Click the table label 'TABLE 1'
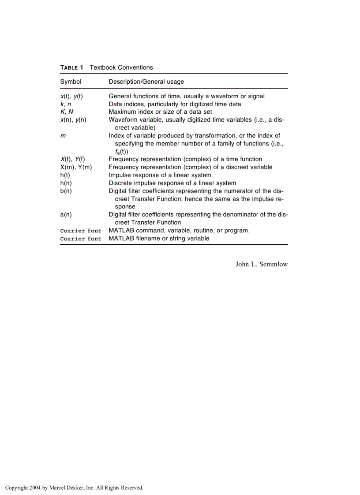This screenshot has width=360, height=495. [71, 67]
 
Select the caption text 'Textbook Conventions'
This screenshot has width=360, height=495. [121, 67]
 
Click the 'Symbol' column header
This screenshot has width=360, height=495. [71, 82]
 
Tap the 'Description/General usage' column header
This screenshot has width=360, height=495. [146, 82]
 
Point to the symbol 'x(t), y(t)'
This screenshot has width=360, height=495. [71, 96]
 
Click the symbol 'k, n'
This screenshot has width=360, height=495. [65, 104]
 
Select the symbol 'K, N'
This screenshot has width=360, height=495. [67, 112]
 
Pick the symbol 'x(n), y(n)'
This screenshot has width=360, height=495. [73, 120]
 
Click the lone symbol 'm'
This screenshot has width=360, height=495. [63, 136]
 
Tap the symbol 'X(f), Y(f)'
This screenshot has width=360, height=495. [73, 159]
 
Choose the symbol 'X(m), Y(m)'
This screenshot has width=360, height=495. [76, 167]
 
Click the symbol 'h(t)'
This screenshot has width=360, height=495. [66, 175]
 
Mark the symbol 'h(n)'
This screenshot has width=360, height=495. [66, 183]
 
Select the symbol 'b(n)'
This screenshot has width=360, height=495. [66, 191]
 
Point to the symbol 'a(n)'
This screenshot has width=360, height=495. [66, 215]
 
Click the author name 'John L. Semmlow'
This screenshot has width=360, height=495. [261, 264]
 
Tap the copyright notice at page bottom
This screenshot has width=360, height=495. [74, 488]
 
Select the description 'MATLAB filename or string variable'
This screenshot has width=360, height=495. [159, 238]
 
